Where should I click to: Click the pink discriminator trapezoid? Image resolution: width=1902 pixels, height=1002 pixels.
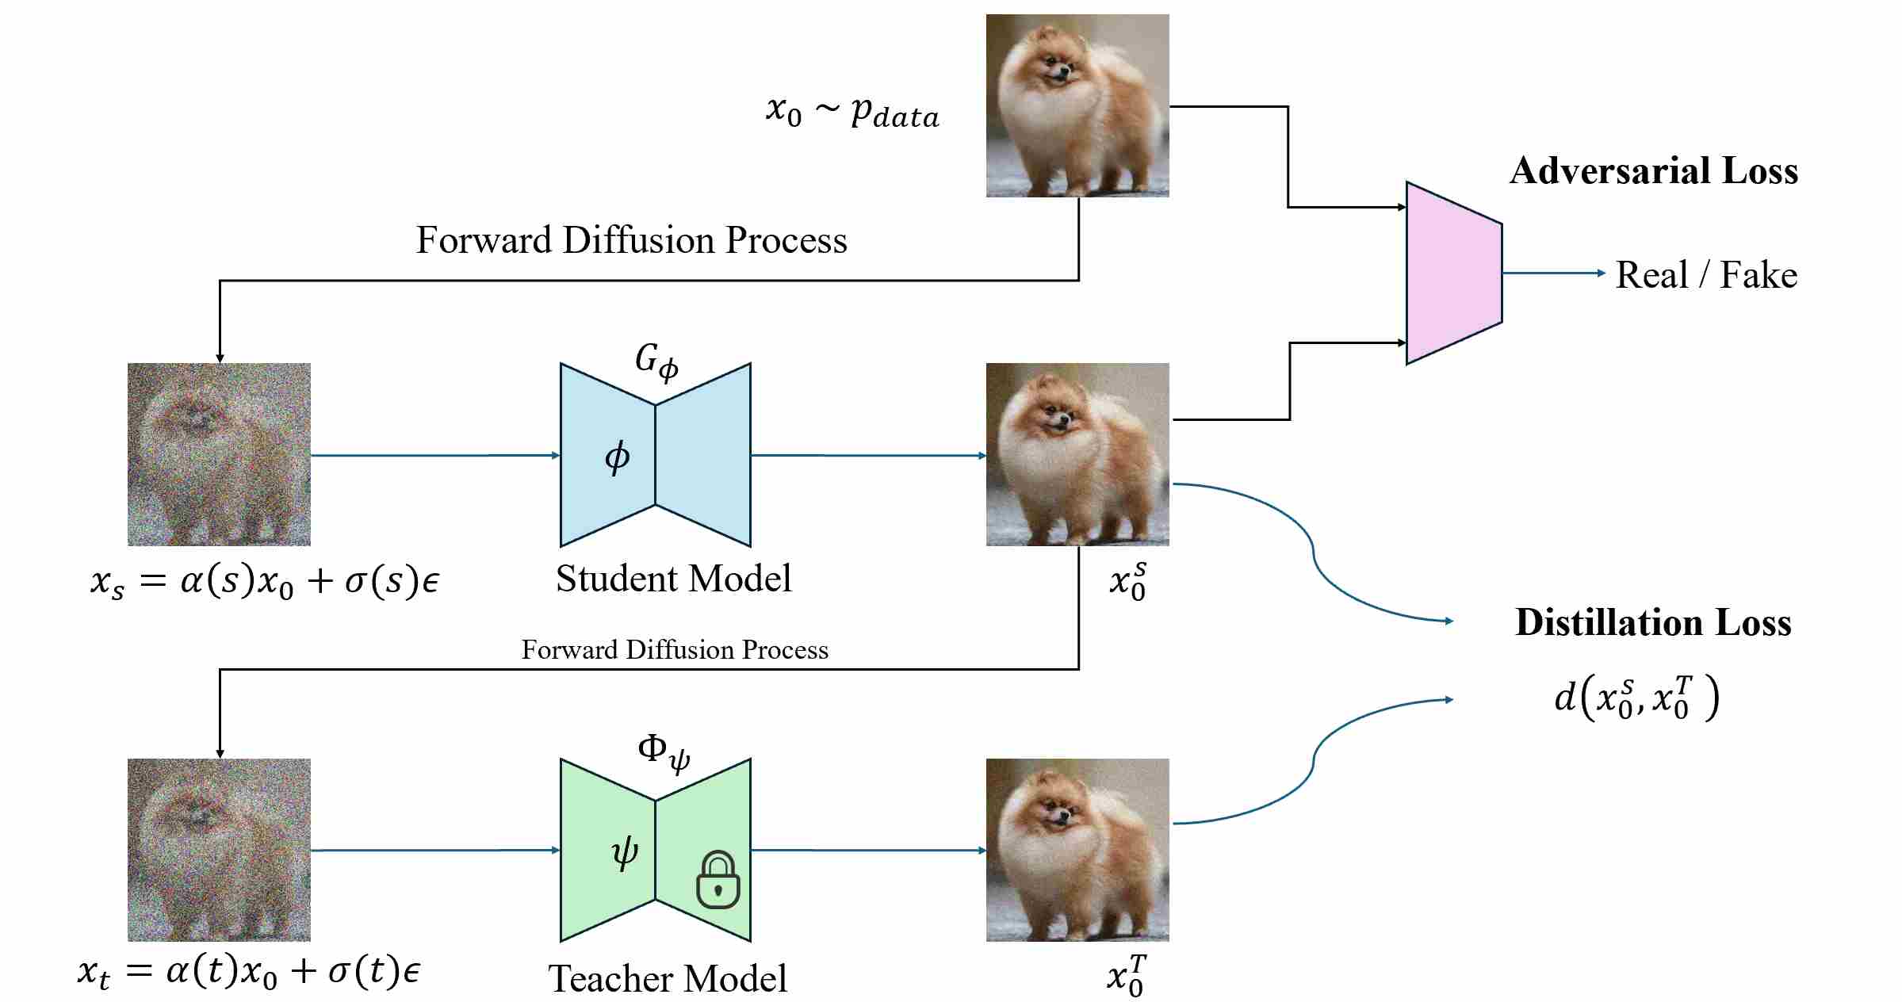coord(1453,273)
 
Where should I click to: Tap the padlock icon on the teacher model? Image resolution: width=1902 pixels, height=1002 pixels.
coord(718,880)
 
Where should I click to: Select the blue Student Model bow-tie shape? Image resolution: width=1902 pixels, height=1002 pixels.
coord(655,455)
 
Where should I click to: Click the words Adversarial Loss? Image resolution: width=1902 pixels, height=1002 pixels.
coord(1653,171)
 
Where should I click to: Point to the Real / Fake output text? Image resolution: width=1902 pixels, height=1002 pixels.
coord(1706,275)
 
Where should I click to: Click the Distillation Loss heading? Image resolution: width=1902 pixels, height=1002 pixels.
coord(1653,622)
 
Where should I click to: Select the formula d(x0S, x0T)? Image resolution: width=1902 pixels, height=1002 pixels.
coord(1636,698)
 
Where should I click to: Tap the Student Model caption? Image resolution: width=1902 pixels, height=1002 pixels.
coord(673,579)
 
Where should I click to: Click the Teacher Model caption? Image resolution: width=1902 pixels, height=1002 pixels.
coord(668,978)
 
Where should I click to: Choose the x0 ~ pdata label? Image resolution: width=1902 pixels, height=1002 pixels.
coord(852,112)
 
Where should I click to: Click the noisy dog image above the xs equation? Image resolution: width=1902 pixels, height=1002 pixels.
coord(219,454)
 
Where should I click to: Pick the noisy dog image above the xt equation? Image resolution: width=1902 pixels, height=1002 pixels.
coord(219,850)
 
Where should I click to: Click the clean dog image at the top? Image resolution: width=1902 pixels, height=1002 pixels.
coord(1077,105)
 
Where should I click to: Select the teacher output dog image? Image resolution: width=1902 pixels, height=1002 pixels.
coord(1077,850)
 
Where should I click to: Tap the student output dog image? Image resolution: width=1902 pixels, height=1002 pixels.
coord(1077,454)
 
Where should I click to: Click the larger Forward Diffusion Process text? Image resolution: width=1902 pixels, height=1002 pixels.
coord(631,240)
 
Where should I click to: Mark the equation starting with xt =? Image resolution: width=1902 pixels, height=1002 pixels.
coord(249,972)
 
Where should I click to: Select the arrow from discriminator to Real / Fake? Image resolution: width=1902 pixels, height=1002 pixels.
coord(1552,273)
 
